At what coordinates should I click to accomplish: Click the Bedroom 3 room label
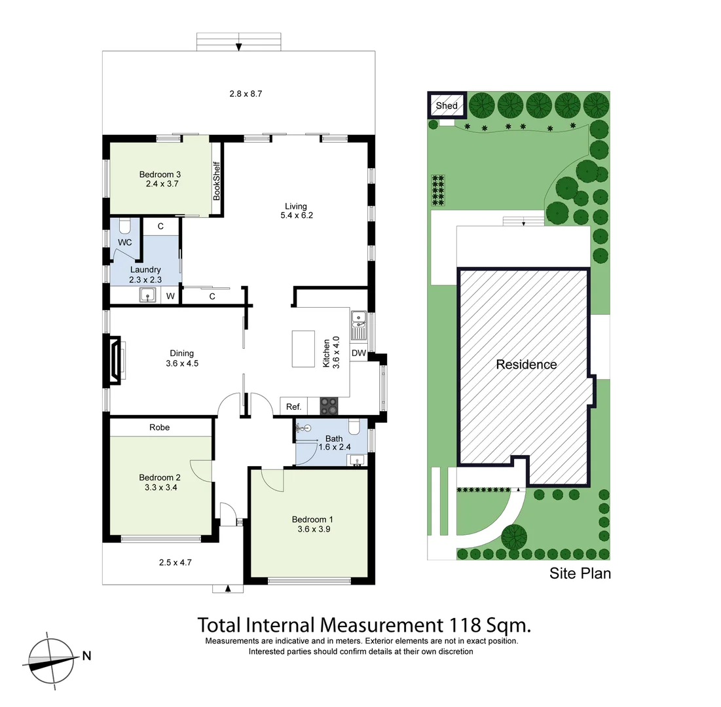click(160, 174)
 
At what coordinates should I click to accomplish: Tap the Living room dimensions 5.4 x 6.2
click(295, 215)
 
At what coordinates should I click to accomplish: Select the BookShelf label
click(217, 181)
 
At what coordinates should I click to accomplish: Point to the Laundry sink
click(147, 296)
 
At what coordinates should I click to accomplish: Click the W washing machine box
click(170, 297)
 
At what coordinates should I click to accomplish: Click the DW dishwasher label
click(358, 353)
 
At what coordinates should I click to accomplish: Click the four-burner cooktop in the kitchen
click(328, 407)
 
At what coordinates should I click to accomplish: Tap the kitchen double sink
click(359, 320)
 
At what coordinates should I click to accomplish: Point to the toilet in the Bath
click(354, 427)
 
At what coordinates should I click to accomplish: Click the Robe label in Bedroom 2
click(159, 427)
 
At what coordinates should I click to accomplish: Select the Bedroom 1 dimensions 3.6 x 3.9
click(311, 530)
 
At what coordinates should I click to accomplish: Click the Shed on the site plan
click(447, 105)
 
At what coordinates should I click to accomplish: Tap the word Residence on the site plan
click(526, 365)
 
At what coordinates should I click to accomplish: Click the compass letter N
click(86, 655)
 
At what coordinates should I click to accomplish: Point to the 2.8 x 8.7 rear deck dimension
click(246, 94)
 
